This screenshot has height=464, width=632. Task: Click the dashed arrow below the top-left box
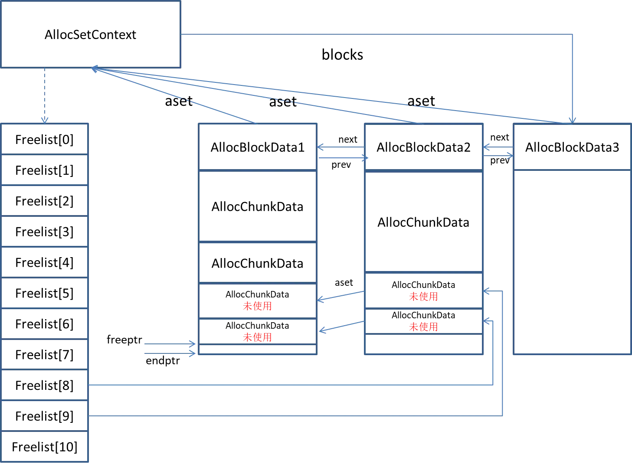point(44,95)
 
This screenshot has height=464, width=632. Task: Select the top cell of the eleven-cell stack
point(45,139)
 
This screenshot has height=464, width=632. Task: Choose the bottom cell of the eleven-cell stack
point(45,446)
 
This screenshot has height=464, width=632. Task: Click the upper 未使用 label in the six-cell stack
point(257,306)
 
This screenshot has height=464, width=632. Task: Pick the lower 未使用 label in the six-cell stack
point(257,337)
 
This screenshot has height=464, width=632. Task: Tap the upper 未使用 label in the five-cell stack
point(423,297)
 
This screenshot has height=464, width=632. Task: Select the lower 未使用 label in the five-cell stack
point(423,327)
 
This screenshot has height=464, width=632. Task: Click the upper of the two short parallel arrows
point(170,344)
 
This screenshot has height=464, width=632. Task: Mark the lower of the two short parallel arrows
point(170,353)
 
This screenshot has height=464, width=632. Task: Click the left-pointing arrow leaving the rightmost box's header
point(498,147)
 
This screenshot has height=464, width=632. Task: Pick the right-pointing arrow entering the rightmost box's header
point(498,156)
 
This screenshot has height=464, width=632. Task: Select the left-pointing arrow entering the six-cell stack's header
point(341,147)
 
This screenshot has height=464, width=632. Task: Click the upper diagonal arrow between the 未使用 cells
point(341,296)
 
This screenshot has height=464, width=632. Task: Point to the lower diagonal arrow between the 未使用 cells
point(341,326)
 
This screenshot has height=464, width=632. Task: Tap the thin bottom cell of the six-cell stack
point(257,349)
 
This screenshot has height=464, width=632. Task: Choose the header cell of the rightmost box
point(572,147)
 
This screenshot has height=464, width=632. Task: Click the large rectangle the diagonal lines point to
point(91,34)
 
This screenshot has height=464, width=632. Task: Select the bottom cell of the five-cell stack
point(423,344)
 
